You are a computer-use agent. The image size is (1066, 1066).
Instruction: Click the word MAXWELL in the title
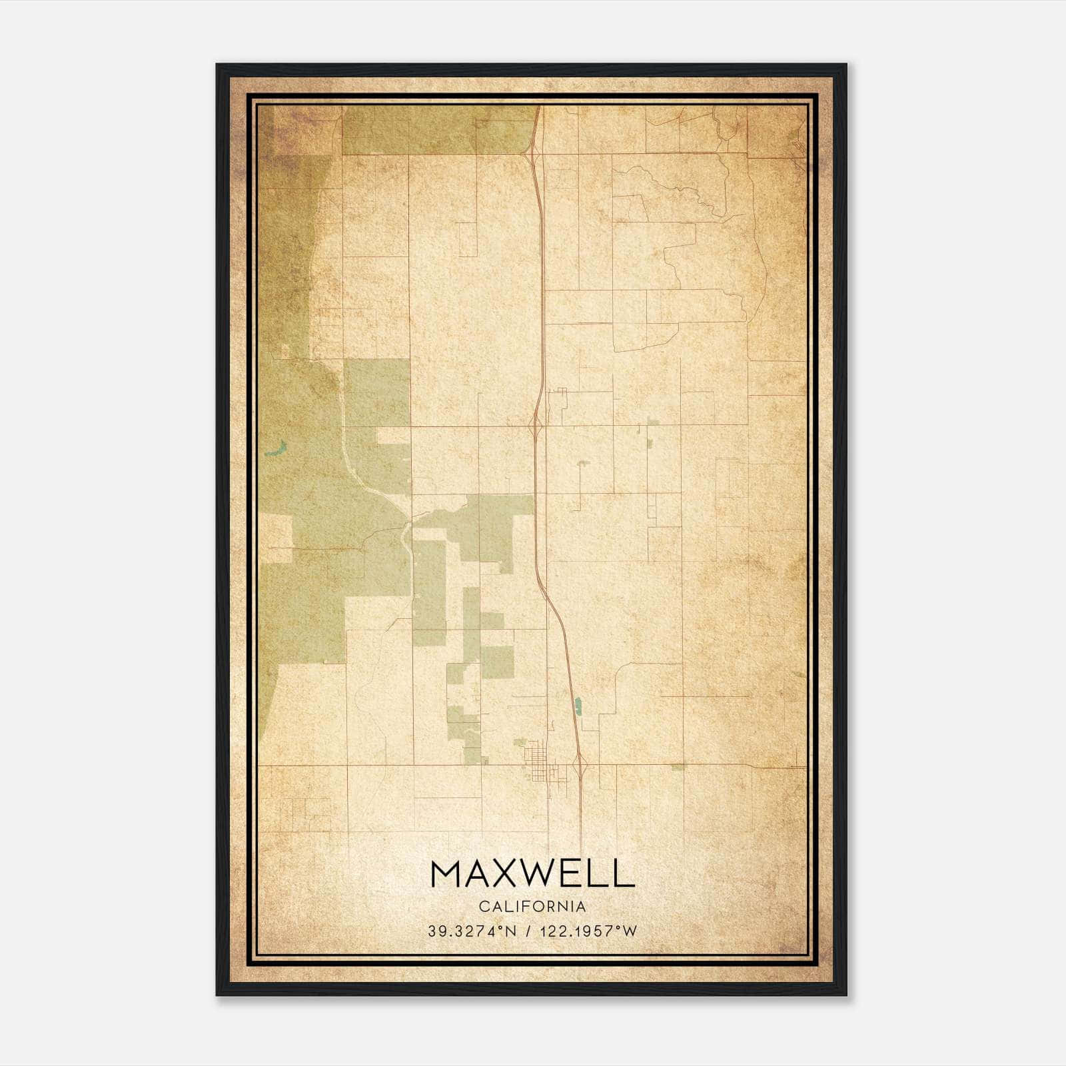(x=532, y=873)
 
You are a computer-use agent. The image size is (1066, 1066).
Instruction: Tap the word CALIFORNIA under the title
(x=532, y=907)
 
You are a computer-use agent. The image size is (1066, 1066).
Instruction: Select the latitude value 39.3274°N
(x=472, y=931)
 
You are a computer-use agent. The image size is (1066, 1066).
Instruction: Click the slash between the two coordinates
(x=529, y=931)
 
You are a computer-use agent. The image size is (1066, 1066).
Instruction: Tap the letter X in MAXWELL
(x=507, y=873)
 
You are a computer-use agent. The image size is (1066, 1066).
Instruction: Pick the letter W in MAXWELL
(x=546, y=873)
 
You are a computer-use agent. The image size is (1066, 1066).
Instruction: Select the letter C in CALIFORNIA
(x=482, y=907)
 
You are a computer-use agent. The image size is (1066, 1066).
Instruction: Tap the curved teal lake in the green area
(x=274, y=448)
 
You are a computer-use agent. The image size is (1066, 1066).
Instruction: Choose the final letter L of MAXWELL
(x=625, y=873)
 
